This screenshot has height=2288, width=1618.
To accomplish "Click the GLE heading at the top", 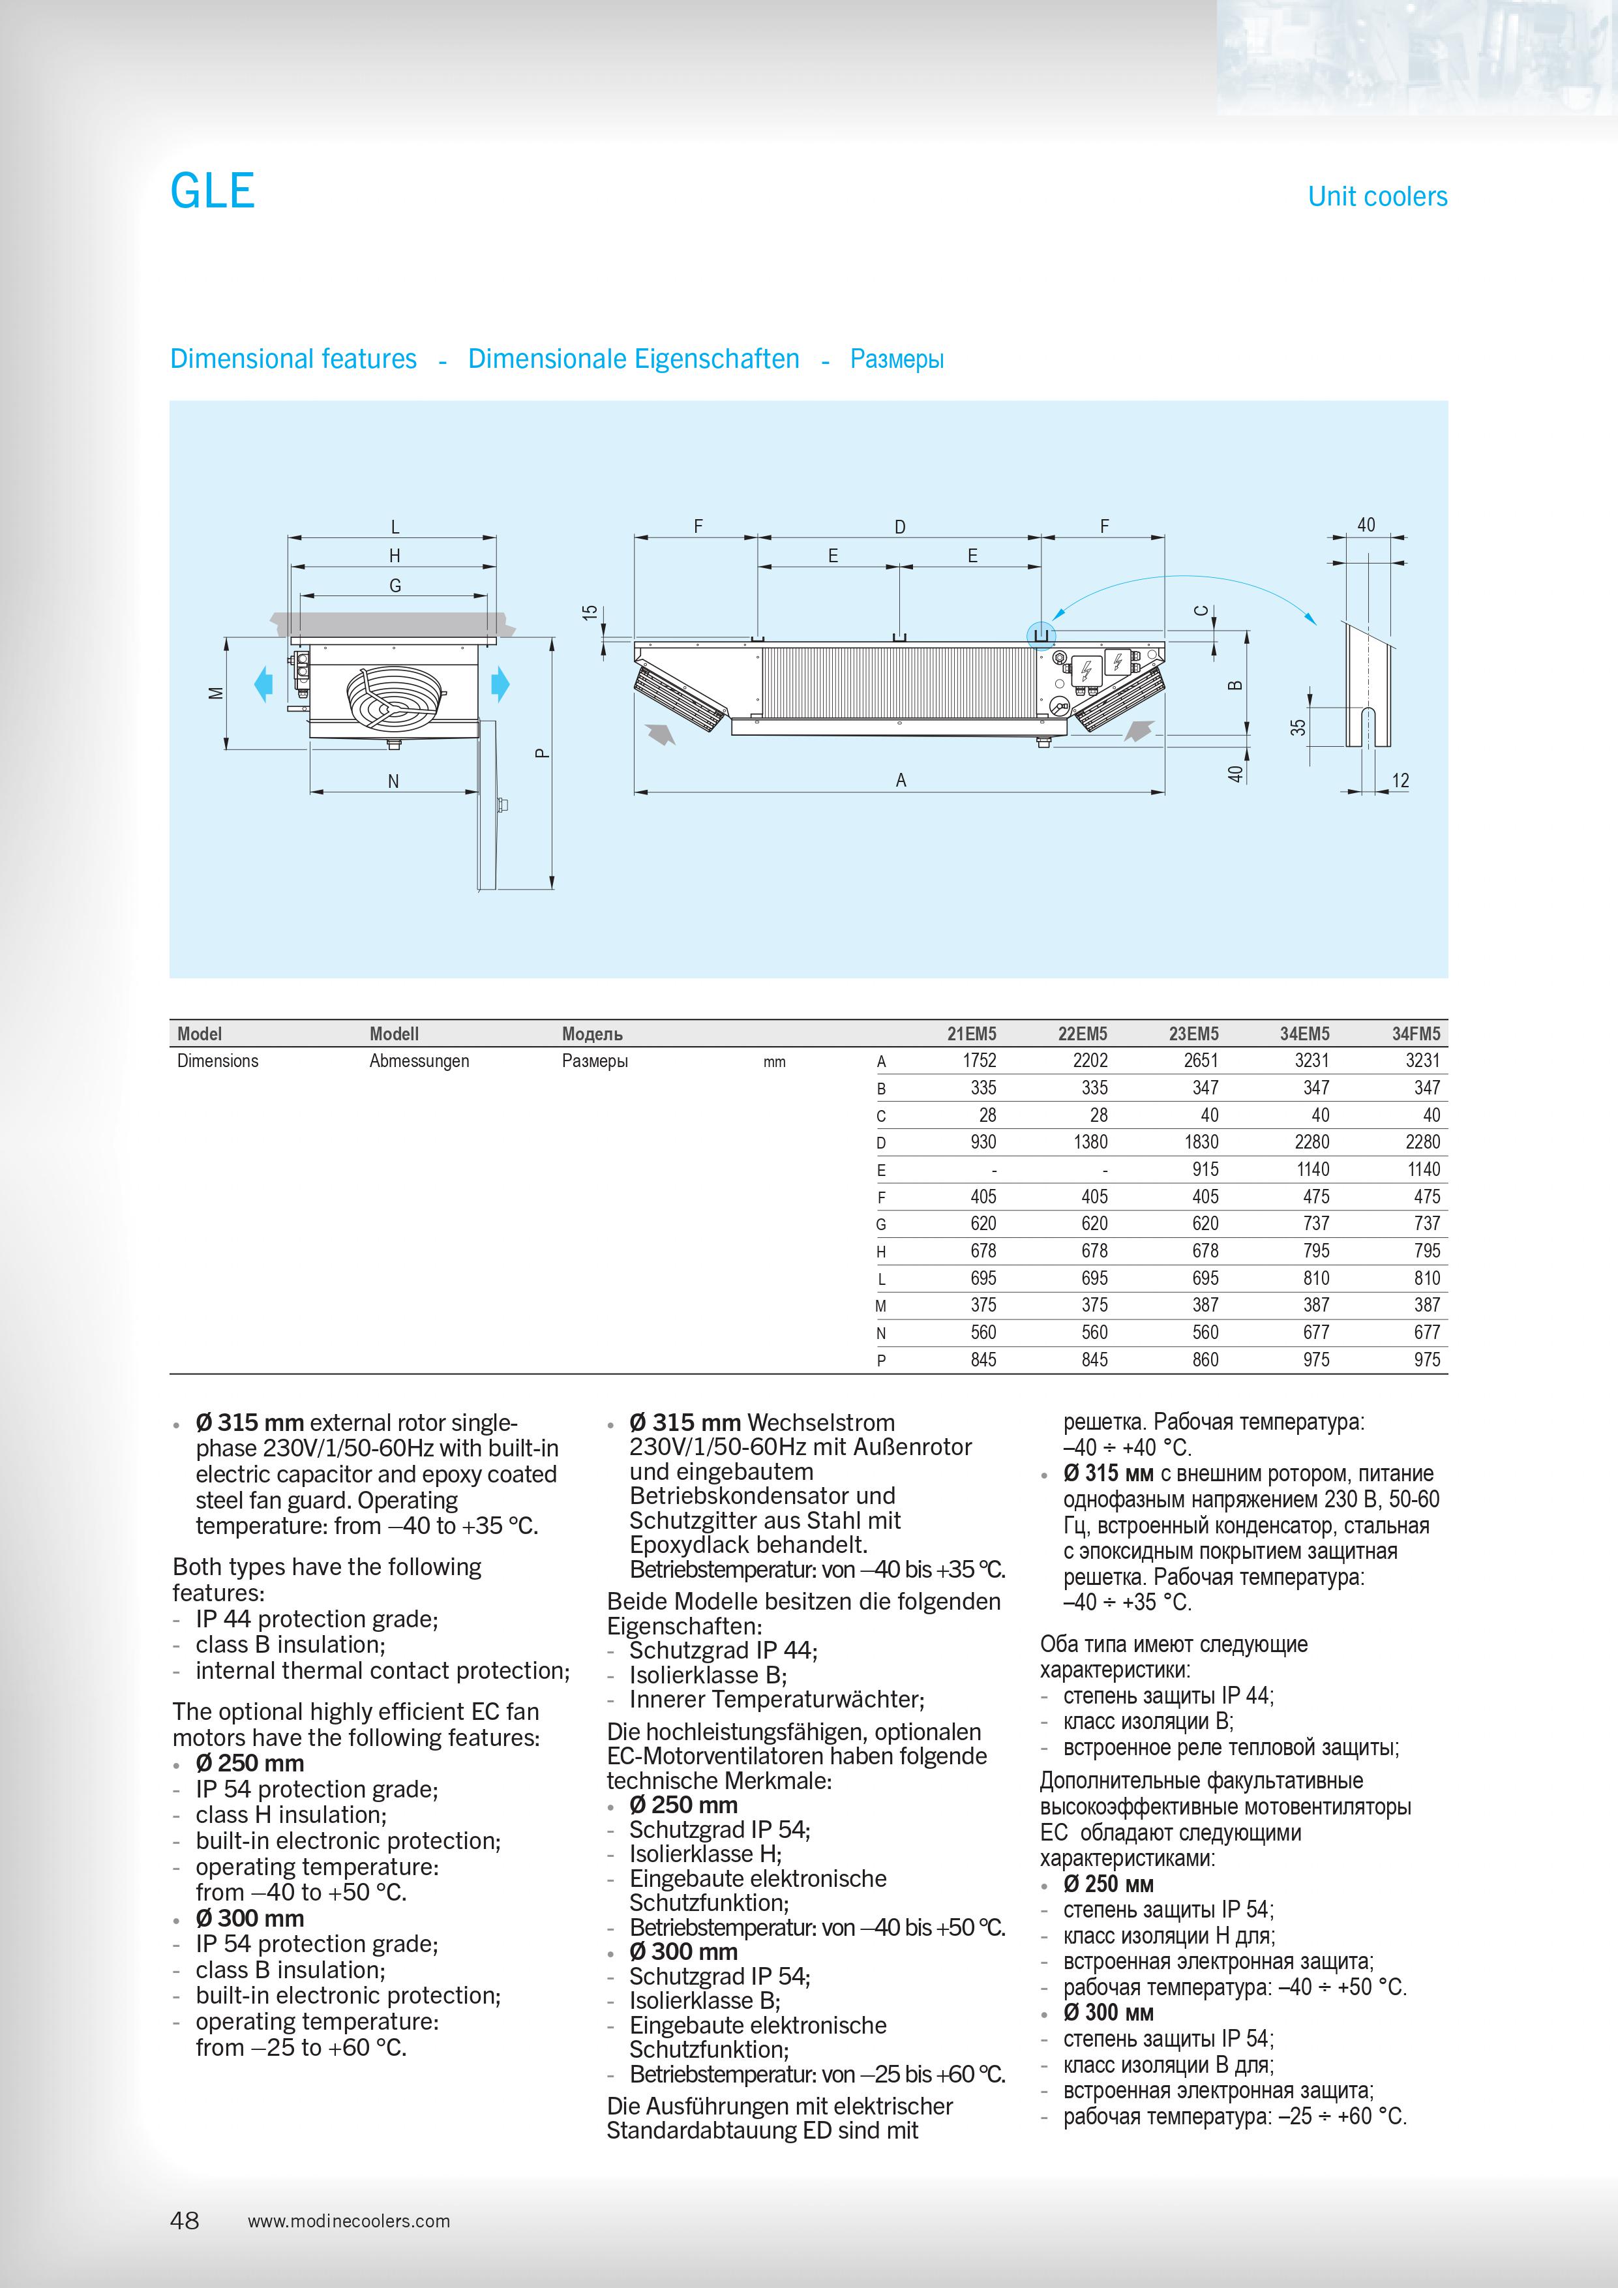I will pos(212,190).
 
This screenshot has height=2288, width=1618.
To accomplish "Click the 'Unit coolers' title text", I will pos(1376,196).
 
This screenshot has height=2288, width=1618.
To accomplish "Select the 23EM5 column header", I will pos(1193,1033).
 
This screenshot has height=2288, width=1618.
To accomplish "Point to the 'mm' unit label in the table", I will pos(774,1062).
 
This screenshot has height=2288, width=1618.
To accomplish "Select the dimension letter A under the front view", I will pos(901,780).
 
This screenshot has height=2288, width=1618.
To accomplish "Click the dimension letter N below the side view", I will pos(393,781).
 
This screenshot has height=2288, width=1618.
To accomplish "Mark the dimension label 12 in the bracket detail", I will pos(1400,780).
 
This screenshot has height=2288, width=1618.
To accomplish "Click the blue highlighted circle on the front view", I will pos(1041,635).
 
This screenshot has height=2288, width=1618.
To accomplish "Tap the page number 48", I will pos(185,2220).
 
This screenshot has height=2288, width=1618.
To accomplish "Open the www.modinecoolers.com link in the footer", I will pos(349,2221).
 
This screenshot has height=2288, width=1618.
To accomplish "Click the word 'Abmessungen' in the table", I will pos(419,1061).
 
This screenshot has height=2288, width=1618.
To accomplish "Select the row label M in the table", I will pos(880,1306).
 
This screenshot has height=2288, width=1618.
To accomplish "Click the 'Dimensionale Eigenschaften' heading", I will pos(634,359).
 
